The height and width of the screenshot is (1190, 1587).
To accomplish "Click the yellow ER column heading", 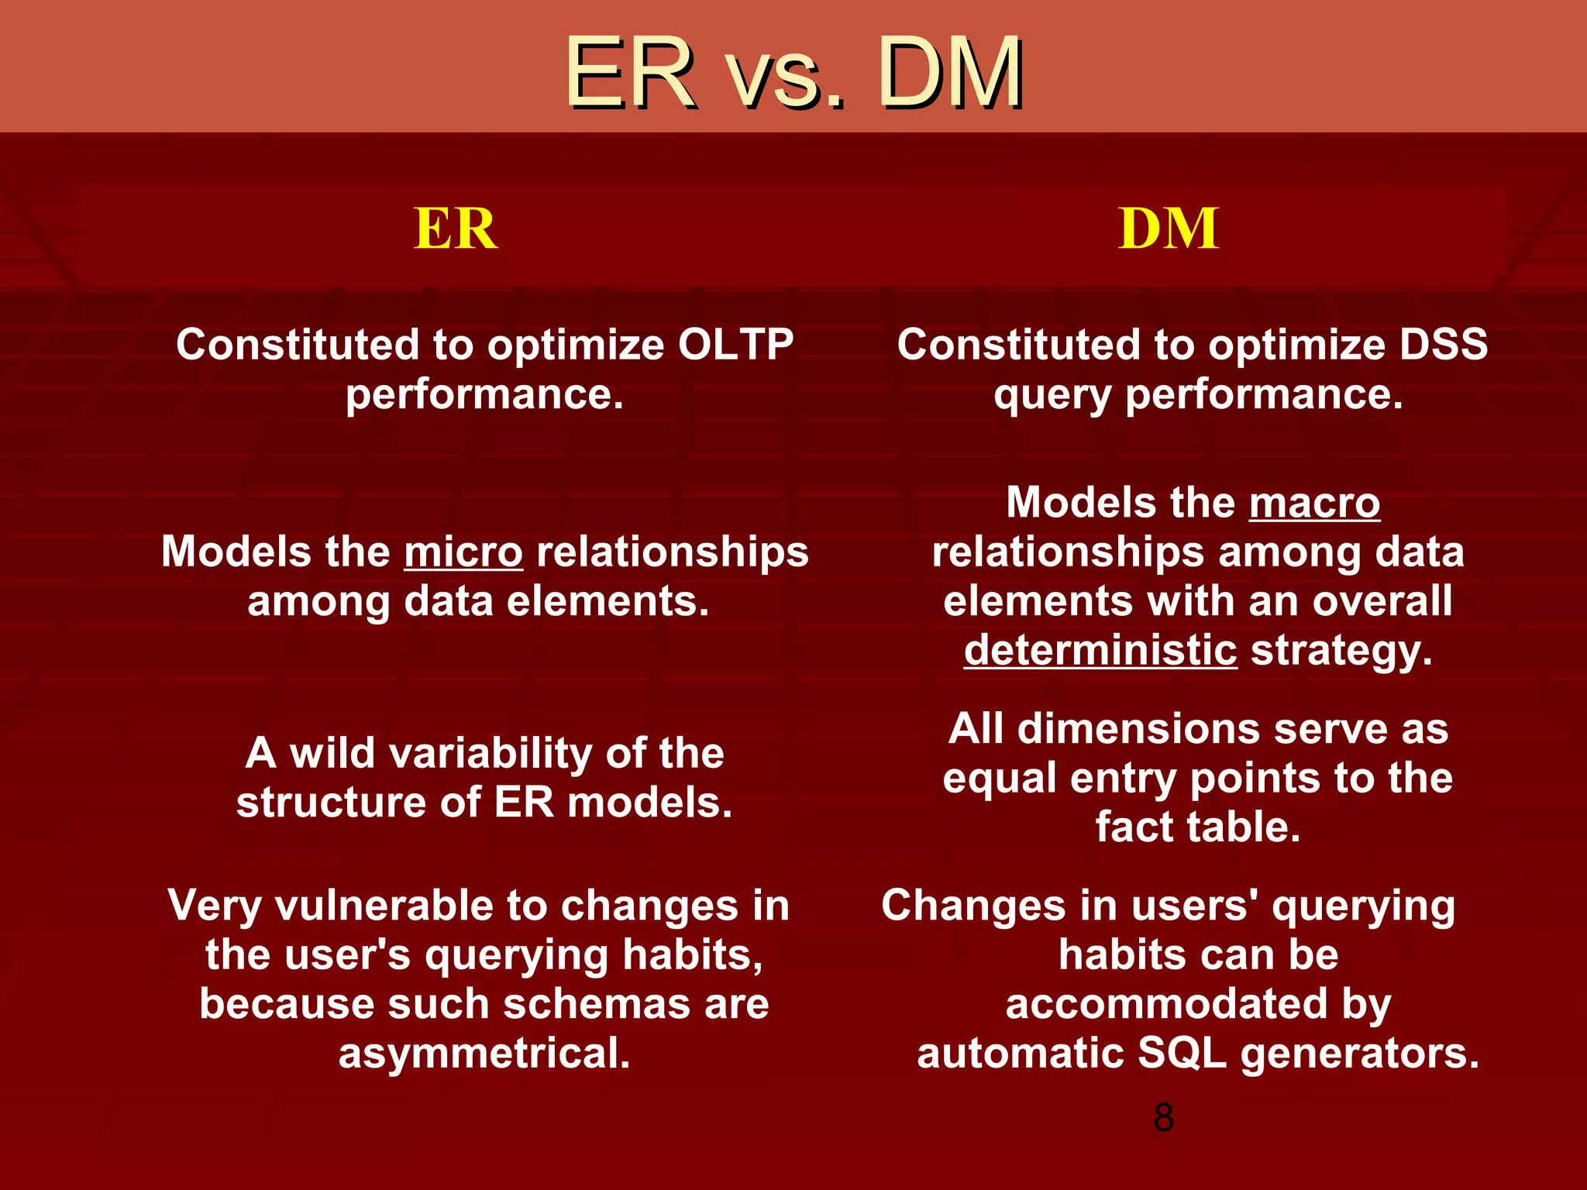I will point(456,229).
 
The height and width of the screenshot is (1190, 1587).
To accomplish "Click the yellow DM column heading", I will point(1169,229).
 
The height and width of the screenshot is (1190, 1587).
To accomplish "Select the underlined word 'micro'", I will point(463,552).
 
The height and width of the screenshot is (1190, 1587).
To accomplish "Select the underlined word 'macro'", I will point(1314,503).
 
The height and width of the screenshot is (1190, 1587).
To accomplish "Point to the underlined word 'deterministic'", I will point(1100,650).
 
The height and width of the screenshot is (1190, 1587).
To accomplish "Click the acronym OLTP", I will point(735,345).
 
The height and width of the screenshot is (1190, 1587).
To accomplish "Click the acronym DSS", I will point(1443,345).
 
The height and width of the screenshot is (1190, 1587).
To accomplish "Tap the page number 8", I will point(1163,1118).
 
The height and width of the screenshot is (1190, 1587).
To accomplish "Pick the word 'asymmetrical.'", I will point(484,1054).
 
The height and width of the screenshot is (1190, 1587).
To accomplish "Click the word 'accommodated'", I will point(1166,1004).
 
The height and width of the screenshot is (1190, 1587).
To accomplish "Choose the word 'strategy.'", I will point(1341,650).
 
